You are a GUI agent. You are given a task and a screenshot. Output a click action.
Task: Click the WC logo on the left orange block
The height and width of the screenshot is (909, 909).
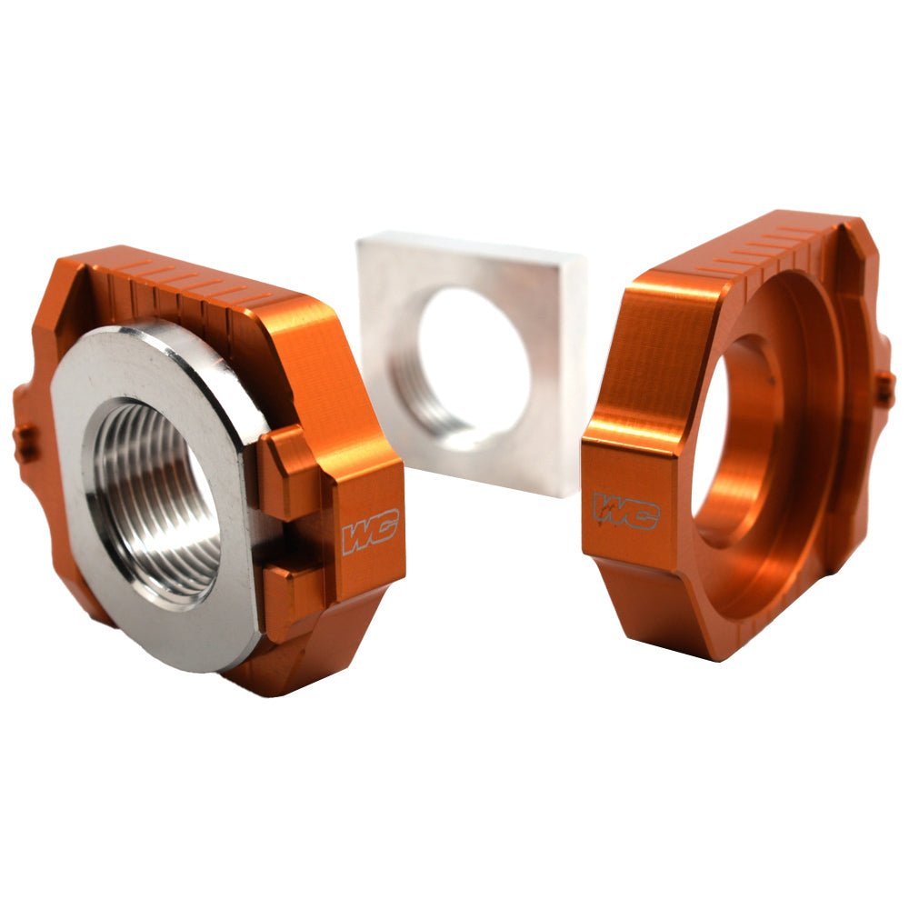click(x=370, y=534)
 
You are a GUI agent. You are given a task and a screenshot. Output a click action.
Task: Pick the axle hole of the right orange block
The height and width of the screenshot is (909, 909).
click(x=718, y=427)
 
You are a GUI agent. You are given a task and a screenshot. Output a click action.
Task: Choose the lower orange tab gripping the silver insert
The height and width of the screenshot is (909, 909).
click(x=289, y=591)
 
